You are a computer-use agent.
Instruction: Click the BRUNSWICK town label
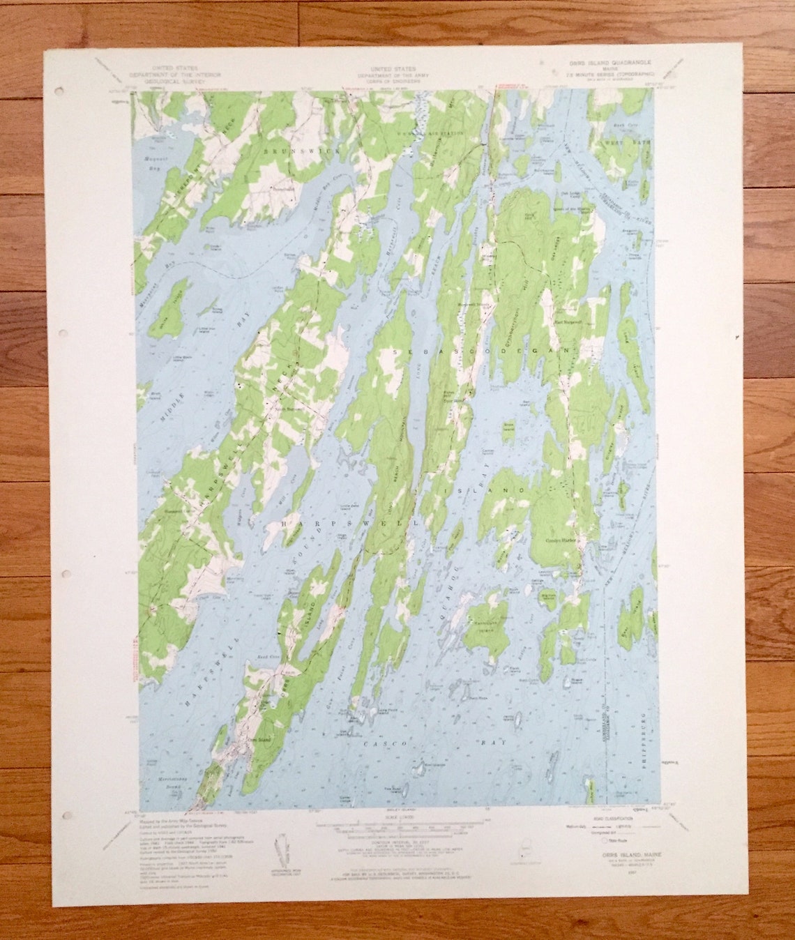point(289,151)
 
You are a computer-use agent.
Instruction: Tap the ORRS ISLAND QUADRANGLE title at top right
point(600,61)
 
